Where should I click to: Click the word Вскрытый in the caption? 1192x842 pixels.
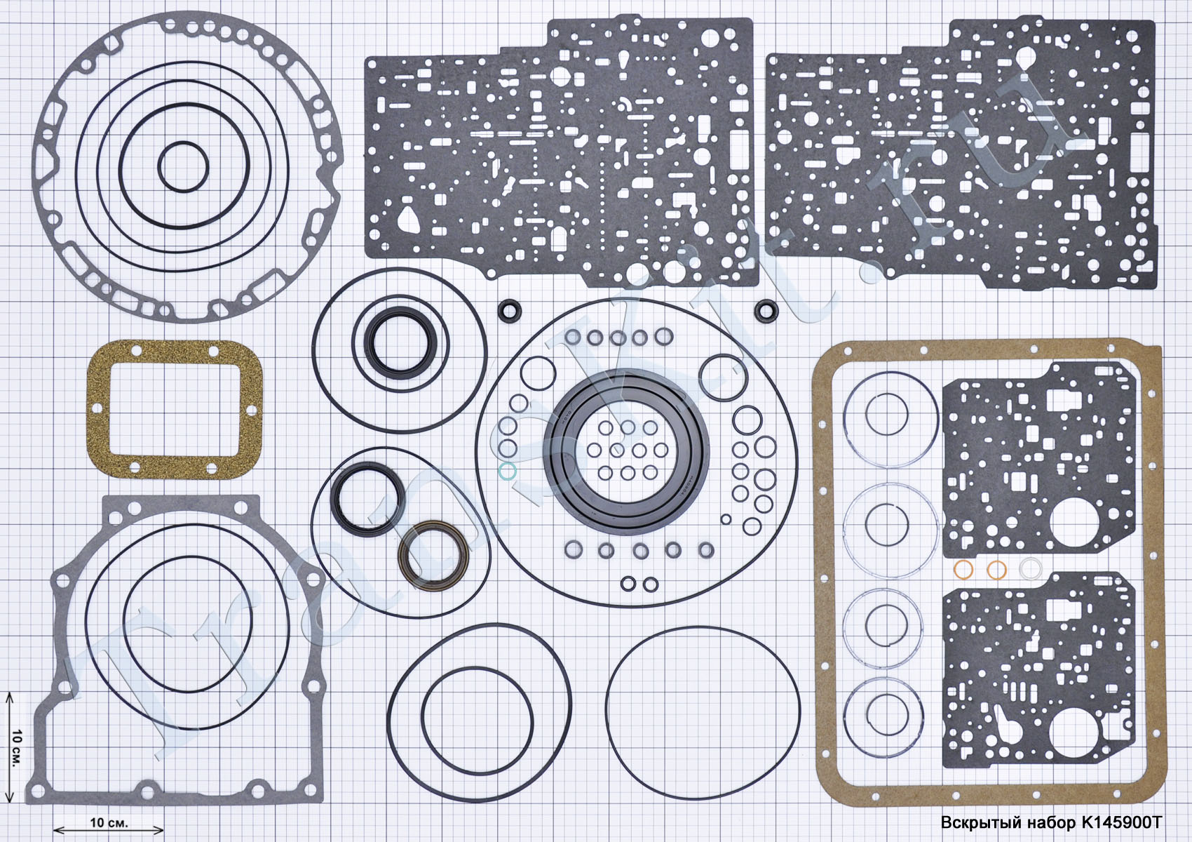click(983, 823)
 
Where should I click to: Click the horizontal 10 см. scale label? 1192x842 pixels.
click(109, 822)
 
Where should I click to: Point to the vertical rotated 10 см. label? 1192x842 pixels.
click(16, 748)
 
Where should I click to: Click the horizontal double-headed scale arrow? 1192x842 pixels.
click(109, 830)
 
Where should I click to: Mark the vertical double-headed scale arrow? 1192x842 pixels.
click(8, 747)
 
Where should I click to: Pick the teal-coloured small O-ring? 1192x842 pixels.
click(507, 471)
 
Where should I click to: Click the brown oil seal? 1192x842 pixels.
click(433, 556)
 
